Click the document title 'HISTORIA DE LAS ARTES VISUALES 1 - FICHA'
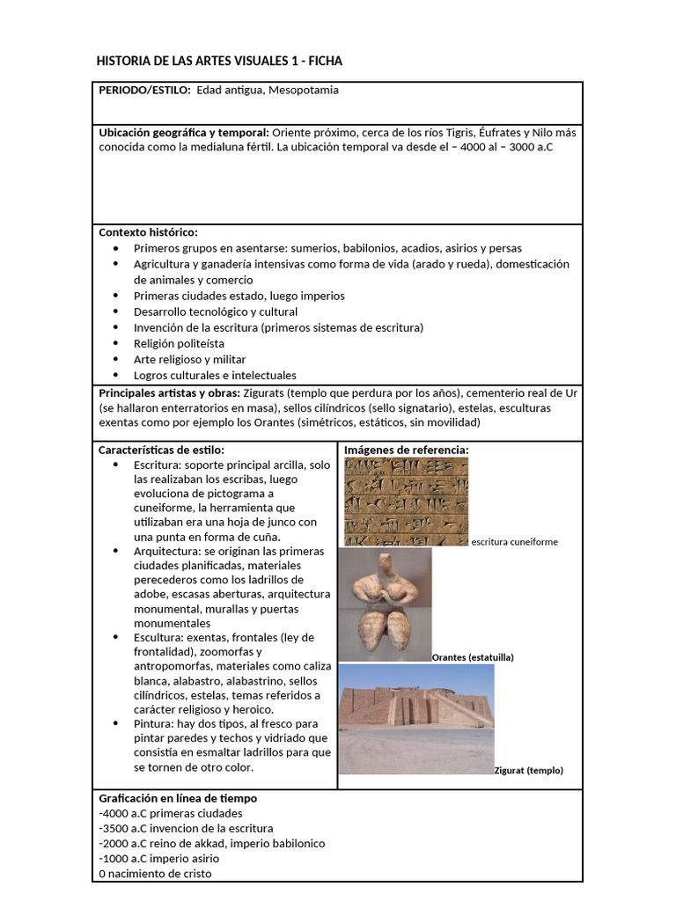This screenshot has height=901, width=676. [x=218, y=61]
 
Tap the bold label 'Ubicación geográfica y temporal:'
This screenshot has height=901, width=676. [x=184, y=132]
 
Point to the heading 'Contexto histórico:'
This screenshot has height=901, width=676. [x=148, y=232]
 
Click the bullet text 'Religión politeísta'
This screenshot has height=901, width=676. [x=179, y=343]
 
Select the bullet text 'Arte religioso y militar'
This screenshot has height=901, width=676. [x=189, y=359]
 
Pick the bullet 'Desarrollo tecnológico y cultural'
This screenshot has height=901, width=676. [x=216, y=311]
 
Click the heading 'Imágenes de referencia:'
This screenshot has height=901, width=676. [x=406, y=450]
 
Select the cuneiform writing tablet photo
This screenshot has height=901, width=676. [x=406, y=502]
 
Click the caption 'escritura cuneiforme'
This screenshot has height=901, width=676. [x=514, y=542]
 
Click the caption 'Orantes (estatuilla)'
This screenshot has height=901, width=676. [x=473, y=657]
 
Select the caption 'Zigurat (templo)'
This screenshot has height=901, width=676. [x=528, y=770]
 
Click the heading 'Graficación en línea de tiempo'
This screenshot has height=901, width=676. [x=178, y=798]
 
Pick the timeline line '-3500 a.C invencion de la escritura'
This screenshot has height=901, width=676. [x=186, y=828]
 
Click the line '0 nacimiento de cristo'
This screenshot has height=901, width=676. [x=155, y=874]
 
